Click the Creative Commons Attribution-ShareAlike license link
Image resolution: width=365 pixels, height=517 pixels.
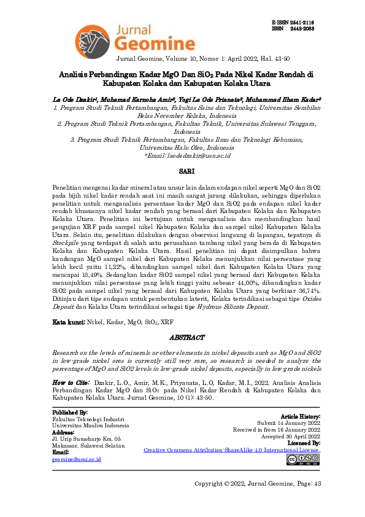click(231, 449)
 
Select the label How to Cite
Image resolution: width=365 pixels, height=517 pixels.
click(72, 382)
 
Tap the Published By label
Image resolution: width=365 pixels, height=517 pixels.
click(70, 413)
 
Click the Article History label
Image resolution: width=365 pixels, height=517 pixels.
click(300, 416)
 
